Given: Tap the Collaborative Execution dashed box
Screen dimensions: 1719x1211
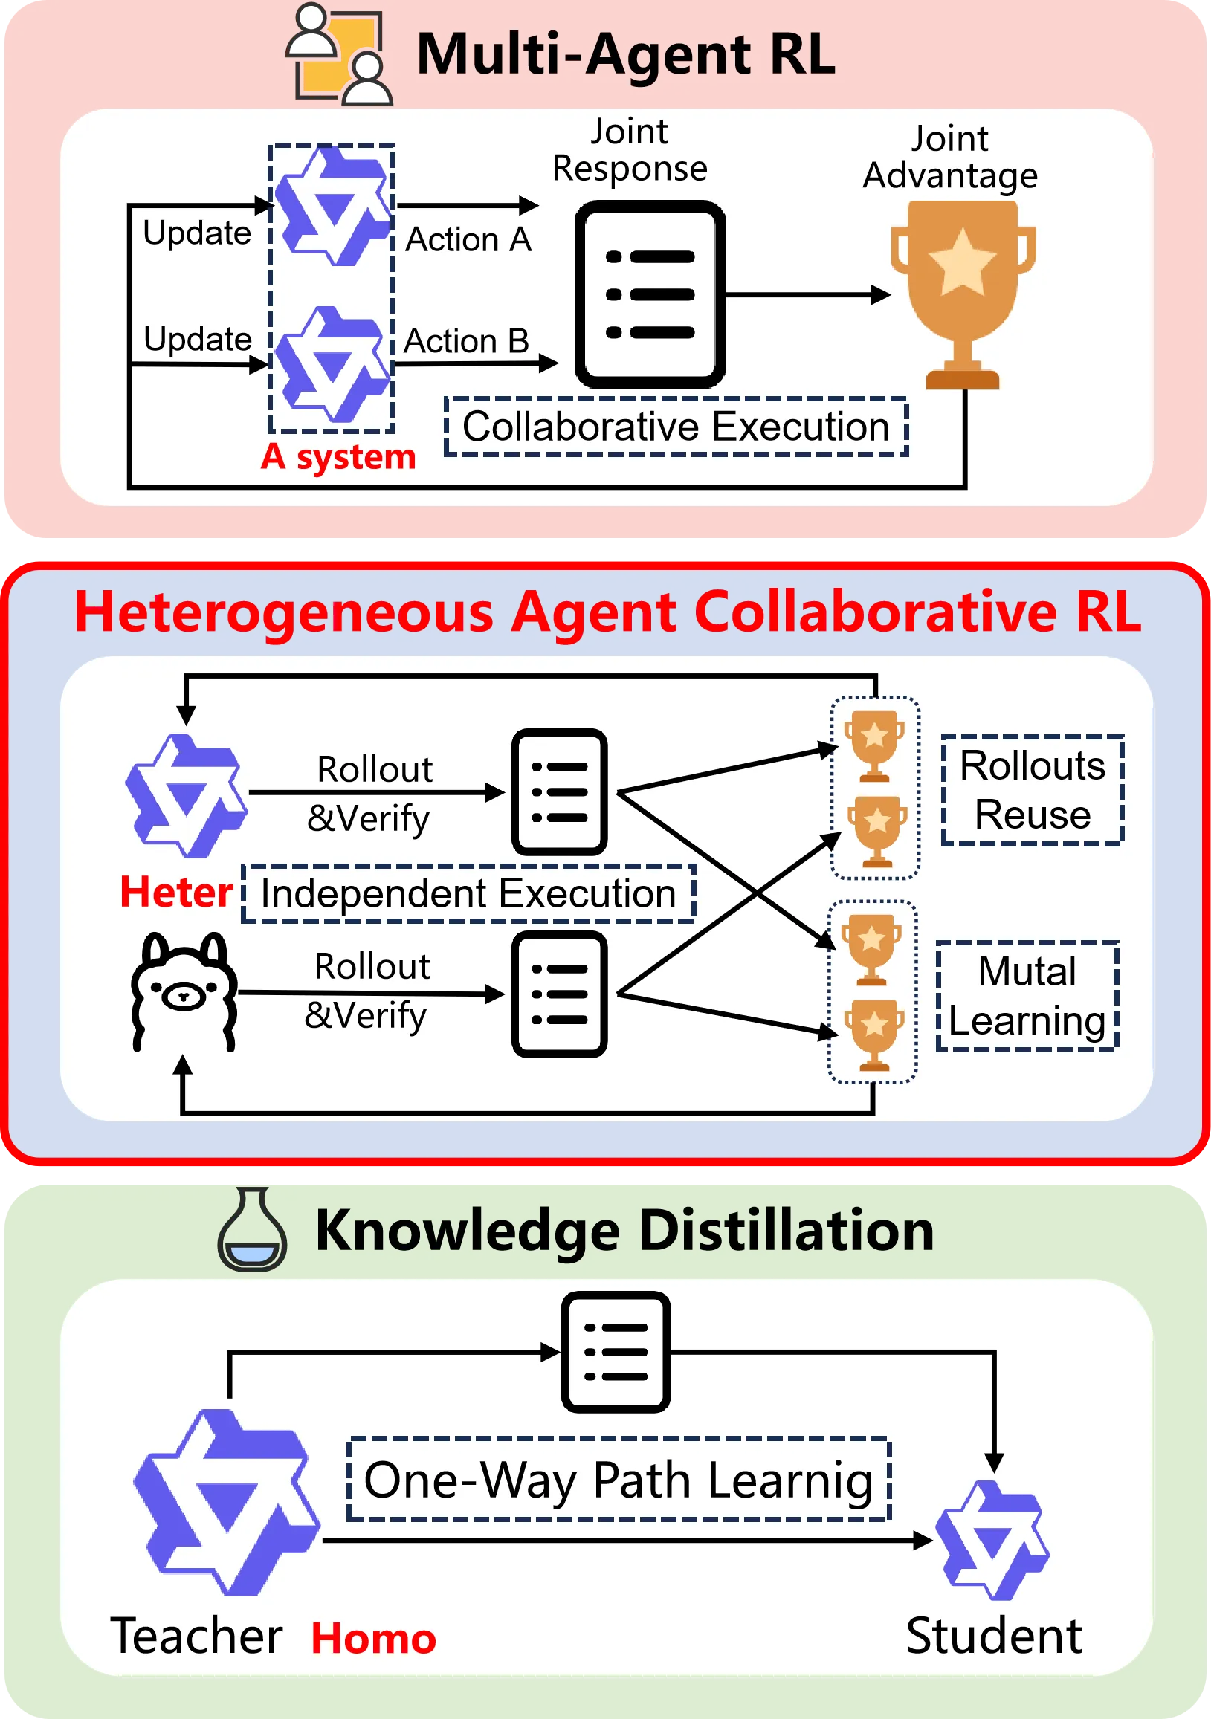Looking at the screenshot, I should tap(676, 427).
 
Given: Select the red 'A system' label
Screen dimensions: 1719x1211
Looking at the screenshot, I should tap(338, 457).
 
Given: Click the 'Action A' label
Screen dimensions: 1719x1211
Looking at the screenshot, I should tap(468, 240).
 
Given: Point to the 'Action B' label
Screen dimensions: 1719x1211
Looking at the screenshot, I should tap(466, 341).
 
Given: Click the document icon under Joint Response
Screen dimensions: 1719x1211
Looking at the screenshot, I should tap(649, 294).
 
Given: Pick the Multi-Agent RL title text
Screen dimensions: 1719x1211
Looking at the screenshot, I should tap(625, 54).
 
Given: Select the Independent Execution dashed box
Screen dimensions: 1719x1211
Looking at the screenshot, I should tap(468, 893).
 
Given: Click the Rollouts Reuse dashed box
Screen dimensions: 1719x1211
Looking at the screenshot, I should tap(1032, 790).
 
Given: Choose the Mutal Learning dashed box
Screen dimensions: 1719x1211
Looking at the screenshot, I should tap(1027, 996).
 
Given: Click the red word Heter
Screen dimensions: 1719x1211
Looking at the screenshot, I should tap(176, 893).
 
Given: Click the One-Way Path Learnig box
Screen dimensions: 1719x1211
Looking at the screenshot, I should tap(619, 1480).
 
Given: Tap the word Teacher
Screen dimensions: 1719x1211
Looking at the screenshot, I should tap(196, 1636).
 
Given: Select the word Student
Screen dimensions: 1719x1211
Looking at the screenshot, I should tap(993, 1636).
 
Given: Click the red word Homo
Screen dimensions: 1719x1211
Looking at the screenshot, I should tap(373, 1638).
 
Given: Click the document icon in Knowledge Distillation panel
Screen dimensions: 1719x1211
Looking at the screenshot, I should tap(616, 1351).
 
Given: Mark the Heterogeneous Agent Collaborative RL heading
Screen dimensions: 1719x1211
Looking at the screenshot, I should tap(607, 612).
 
